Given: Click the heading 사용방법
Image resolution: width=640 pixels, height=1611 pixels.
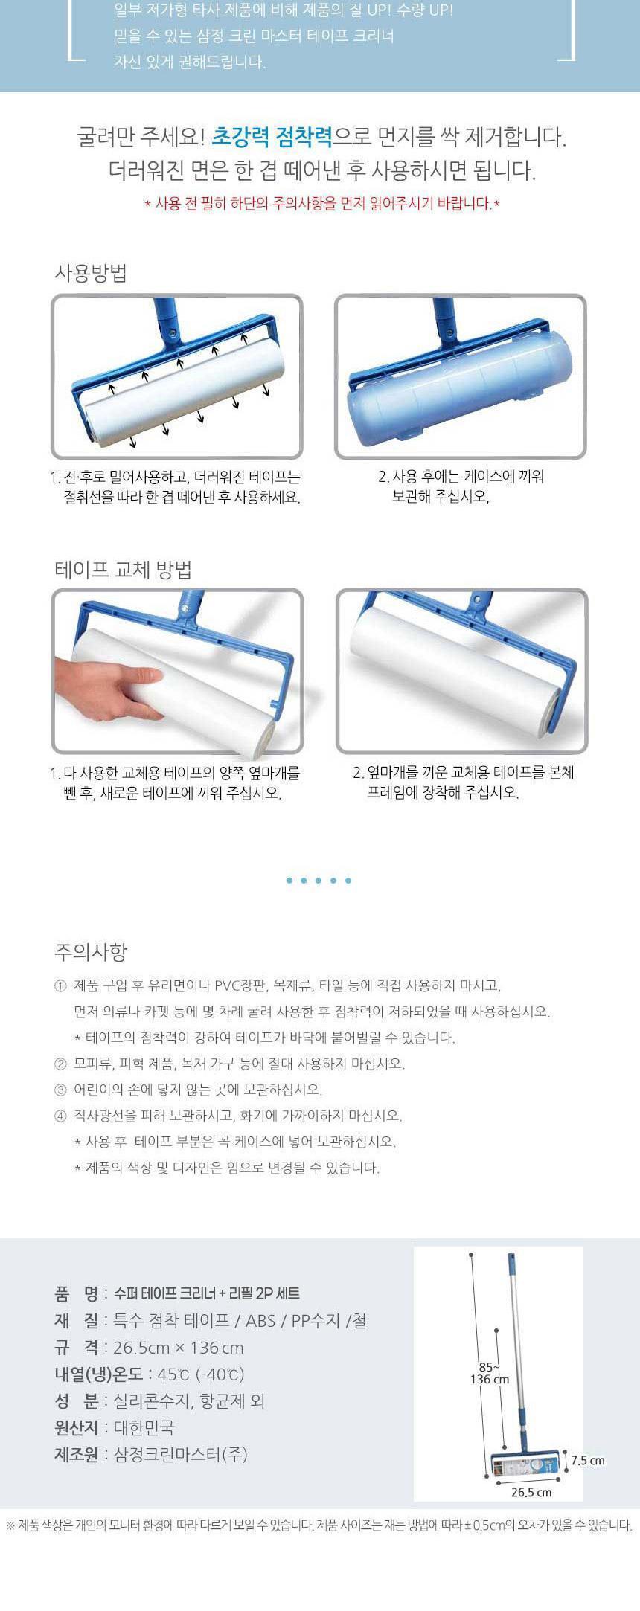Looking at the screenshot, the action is pyautogui.click(x=91, y=272).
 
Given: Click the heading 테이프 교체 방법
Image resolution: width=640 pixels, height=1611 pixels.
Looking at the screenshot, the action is pyautogui.click(x=124, y=570).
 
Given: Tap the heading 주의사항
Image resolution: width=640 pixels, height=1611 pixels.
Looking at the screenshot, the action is pyautogui.click(x=91, y=951).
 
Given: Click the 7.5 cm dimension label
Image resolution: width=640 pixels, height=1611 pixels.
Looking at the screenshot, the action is pyautogui.click(x=588, y=1460).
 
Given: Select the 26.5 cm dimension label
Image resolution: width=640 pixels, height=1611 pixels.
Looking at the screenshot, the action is pyautogui.click(x=531, y=1492).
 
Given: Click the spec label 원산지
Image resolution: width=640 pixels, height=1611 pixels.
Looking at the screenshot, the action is pyautogui.click(x=76, y=1427).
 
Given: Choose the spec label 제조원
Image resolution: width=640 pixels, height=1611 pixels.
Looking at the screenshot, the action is pyautogui.click(x=76, y=1454).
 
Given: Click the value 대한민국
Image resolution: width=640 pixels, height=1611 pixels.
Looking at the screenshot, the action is pyautogui.click(x=144, y=1427).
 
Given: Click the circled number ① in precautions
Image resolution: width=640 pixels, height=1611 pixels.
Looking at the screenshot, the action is pyautogui.click(x=60, y=986).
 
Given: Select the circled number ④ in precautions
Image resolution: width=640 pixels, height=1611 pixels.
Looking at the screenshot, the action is pyautogui.click(x=60, y=1116).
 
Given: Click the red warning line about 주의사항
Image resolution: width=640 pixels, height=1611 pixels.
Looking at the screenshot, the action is pyautogui.click(x=321, y=203).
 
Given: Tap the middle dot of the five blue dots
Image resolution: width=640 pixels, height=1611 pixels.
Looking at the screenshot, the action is pyautogui.click(x=319, y=881).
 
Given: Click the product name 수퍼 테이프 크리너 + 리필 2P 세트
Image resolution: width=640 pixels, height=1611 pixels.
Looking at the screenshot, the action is pyautogui.click(x=207, y=1293).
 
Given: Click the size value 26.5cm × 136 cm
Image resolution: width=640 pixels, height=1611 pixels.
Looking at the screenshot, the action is pyautogui.click(x=179, y=1347).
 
